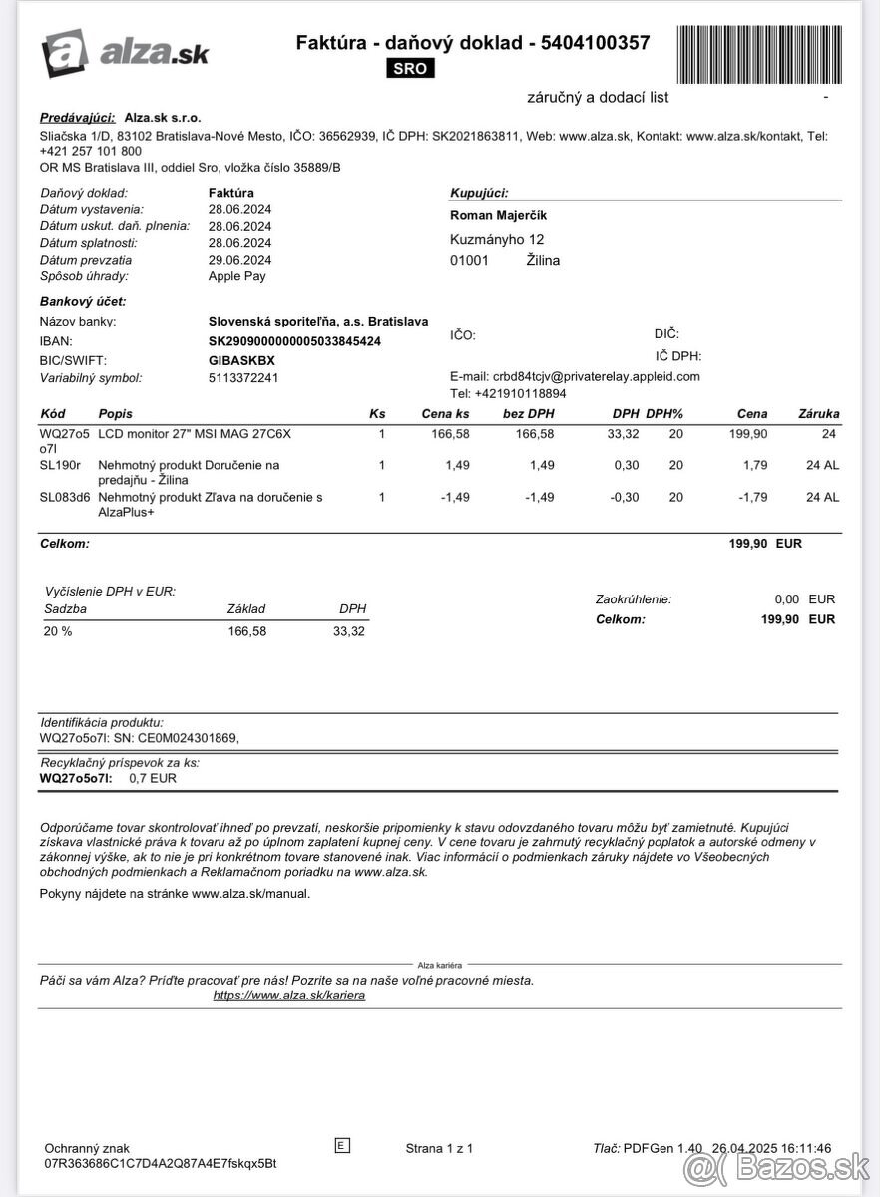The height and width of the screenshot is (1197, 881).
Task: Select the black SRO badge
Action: [409, 69]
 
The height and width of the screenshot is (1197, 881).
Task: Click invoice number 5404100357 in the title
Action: [595, 43]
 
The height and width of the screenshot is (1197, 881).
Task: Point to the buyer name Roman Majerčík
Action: [499, 215]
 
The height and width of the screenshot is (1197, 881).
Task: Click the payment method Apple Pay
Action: [236, 276]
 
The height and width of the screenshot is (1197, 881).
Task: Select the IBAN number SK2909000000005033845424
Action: [294, 341]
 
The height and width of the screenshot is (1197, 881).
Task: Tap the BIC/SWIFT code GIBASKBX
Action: [241, 360]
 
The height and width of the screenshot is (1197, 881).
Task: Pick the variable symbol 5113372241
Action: [243, 378]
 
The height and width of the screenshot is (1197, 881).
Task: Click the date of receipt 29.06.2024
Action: [239, 260]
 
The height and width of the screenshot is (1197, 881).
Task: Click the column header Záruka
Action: [819, 413]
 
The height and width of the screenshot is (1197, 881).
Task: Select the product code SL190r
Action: [60, 465]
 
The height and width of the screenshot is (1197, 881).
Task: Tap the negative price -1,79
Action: [751, 497]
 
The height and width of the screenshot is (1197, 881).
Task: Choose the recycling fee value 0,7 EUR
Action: [153, 778]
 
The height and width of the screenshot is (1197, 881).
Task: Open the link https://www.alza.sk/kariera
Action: [289, 996]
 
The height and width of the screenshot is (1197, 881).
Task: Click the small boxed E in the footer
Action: [342, 1146]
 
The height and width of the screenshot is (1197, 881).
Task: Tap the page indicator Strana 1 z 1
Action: [439, 1148]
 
